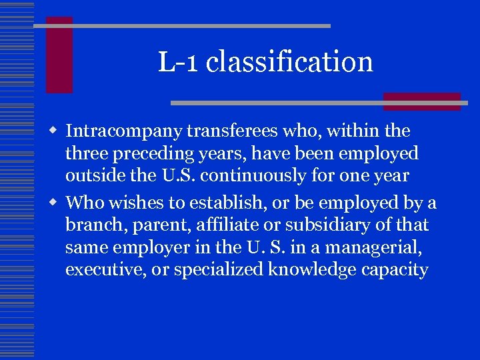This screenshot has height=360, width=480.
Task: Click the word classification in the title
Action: (x=289, y=62)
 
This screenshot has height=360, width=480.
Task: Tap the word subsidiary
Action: (x=325, y=225)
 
